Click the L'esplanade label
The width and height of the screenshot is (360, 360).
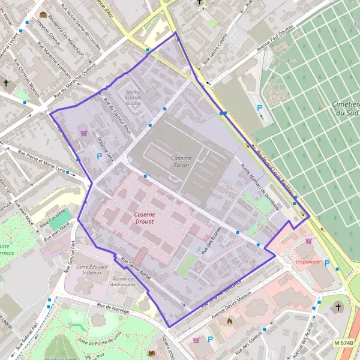pos(308,262)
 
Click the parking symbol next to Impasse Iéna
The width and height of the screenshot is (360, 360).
pos(99,156)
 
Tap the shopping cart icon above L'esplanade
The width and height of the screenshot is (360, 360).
pos(308,241)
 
